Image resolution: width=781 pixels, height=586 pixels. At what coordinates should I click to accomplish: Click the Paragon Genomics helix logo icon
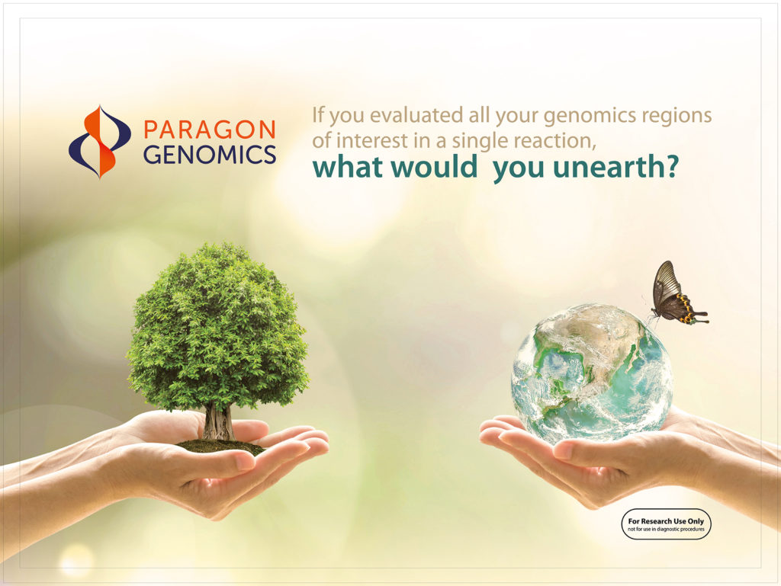pos(100,142)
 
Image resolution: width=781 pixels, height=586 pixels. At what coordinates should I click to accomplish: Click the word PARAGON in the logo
pos(210,130)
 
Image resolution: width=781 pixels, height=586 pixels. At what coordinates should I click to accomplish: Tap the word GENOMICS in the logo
pos(210,155)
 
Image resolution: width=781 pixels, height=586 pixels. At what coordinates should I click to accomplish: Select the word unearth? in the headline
pos(615,167)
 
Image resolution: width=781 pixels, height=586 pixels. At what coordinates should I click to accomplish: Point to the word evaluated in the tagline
pos(416,115)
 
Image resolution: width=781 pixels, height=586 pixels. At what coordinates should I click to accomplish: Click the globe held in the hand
pos(592,373)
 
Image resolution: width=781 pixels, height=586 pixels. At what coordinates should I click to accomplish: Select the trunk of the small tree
pos(219,422)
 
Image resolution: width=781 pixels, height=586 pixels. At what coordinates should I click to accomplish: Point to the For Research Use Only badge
pos(666,524)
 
